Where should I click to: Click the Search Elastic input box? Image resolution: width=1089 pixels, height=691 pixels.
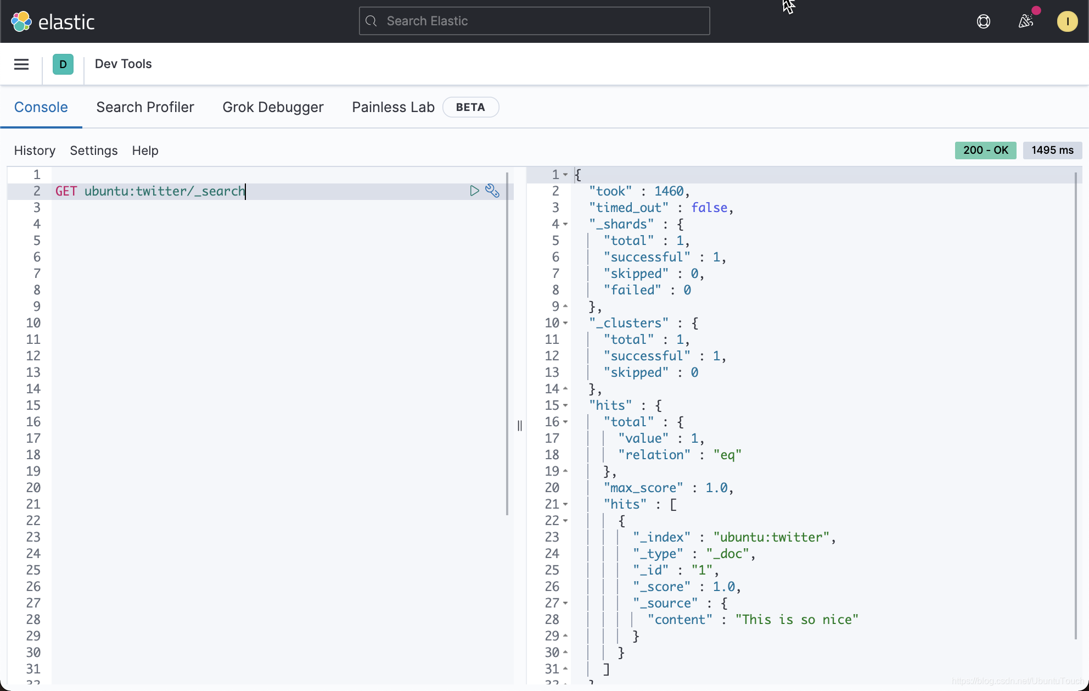(x=534, y=21)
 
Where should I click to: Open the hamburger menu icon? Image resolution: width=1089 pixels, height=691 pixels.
(x=21, y=64)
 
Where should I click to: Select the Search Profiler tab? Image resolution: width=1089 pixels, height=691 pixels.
(x=145, y=107)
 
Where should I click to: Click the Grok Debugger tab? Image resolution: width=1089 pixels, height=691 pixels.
(x=273, y=107)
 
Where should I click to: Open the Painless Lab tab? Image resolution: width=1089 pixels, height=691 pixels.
(x=393, y=107)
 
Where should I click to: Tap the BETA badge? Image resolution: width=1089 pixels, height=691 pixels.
(x=470, y=107)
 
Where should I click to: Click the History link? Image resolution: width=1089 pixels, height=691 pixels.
(x=35, y=151)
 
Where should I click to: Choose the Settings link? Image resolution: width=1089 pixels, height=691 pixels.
(x=93, y=151)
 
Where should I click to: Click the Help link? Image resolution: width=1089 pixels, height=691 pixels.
(x=145, y=151)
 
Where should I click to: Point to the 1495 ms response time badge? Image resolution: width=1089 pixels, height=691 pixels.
(x=1052, y=150)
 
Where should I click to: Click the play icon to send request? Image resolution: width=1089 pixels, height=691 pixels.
(x=474, y=191)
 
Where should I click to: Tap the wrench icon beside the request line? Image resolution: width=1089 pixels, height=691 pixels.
(x=492, y=191)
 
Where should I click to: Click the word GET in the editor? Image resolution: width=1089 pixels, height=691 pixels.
(x=66, y=191)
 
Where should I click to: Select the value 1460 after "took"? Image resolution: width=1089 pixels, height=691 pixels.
(x=669, y=191)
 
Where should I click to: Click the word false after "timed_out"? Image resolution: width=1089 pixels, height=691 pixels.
(x=709, y=208)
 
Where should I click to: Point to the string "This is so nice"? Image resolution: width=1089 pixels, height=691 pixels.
(x=796, y=620)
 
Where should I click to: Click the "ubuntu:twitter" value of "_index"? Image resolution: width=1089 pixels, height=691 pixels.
(x=771, y=537)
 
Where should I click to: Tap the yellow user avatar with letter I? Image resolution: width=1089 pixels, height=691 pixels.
(x=1067, y=21)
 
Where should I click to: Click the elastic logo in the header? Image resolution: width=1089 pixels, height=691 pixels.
(x=53, y=21)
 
